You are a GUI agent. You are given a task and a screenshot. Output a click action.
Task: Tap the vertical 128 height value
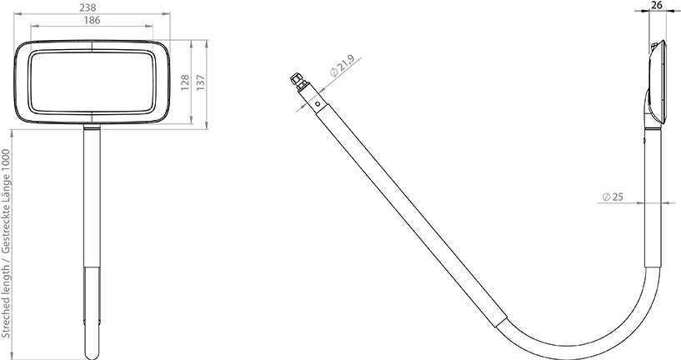pos(185,83)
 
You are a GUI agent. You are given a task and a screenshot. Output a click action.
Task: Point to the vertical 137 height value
pos(200,83)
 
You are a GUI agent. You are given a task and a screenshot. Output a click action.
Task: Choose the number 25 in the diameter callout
pos(618,197)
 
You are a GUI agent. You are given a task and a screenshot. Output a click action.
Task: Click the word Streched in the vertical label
pos(6,318)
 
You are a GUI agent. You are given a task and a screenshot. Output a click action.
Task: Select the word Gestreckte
pos(6,226)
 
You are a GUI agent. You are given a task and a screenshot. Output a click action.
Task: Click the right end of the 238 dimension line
pos(170,14)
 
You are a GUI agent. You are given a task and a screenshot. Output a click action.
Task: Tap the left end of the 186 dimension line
pos(31,26)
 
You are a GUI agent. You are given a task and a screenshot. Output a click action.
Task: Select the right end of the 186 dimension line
pos(154,26)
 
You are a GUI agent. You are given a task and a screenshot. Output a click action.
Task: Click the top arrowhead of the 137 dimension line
pos(208,41)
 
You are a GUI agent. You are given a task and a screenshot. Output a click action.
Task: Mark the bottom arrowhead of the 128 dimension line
pos(193,122)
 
